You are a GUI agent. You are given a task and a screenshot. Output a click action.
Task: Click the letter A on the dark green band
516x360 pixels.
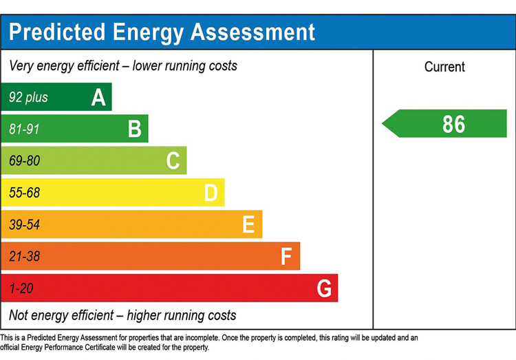[x=98, y=98]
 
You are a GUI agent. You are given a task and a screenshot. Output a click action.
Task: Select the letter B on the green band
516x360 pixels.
[x=135, y=129]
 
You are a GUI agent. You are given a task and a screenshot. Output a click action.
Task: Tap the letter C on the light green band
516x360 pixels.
[x=173, y=160]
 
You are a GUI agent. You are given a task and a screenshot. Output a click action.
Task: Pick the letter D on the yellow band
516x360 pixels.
[x=211, y=193]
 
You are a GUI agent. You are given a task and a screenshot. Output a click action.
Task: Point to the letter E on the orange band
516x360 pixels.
[x=248, y=224]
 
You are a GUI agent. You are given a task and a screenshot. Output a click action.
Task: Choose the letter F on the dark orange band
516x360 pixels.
[x=286, y=256]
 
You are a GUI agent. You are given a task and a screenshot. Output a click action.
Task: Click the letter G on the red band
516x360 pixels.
[x=324, y=288]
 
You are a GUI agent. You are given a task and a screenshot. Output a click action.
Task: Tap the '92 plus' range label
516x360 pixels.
[x=28, y=98]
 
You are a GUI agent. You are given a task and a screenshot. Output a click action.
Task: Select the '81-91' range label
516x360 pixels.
[x=24, y=129]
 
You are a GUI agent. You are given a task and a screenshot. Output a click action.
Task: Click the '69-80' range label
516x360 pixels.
[x=24, y=161]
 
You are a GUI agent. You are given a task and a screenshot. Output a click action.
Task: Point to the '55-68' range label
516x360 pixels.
[x=24, y=193]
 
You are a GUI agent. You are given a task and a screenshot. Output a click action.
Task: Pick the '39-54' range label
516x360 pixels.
[x=24, y=224]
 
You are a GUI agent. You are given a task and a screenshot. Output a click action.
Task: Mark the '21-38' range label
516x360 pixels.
[x=24, y=256]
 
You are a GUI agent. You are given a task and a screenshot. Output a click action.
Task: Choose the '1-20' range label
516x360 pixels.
[x=21, y=288]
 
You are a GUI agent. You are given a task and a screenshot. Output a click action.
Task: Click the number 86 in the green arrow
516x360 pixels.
[x=453, y=124]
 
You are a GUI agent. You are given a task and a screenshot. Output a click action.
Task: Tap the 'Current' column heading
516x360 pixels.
[x=444, y=67]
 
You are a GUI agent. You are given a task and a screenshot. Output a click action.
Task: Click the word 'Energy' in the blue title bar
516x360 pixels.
[x=148, y=33]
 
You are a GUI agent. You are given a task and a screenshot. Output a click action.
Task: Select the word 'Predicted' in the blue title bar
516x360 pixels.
[x=57, y=32]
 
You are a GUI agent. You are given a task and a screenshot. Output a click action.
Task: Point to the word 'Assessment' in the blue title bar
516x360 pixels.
[x=252, y=32]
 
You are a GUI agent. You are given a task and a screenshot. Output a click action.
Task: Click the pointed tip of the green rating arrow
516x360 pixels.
[x=382, y=123]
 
